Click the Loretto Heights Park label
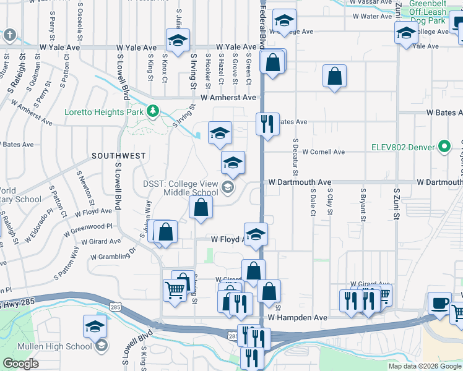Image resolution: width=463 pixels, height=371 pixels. [x=105, y=113]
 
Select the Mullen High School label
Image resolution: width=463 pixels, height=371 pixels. [x=62, y=346]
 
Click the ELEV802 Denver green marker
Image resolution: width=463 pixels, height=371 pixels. [x=444, y=147]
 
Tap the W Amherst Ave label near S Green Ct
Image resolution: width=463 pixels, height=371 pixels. [x=228, y=98]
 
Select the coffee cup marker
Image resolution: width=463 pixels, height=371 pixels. [x=439, y=303]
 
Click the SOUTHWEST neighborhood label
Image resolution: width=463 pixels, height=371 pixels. [x=119, y=156]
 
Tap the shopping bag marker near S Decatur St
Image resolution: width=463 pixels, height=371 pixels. [x=334, y=77]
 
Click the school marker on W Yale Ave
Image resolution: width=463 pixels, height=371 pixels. [x=178, y=41]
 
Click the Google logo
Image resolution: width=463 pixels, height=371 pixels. [x=21, y=363]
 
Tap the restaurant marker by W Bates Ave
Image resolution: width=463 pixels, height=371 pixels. [x=267, y=124]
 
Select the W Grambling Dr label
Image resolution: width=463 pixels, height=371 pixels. [x=113, y=254]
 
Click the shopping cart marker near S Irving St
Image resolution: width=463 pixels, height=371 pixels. [x=175, y=289]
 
